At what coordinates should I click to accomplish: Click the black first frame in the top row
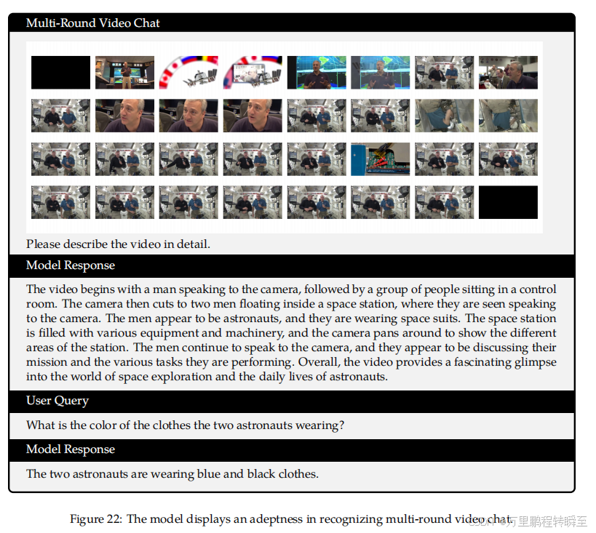(x=61, y=73)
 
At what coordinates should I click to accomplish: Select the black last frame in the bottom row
(x=508, y=202)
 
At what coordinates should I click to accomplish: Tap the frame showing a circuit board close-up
(x=380, y=159)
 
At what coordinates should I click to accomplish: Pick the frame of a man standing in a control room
(x=124, y=73)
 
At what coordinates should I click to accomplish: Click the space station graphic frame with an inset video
(x=253, y=73)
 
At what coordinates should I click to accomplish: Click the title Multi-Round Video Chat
(x=92, y=23)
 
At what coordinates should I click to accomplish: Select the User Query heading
(x=57, y=401)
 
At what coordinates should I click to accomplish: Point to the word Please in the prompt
(x=43, y=244)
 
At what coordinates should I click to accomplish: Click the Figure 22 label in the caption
(x=96, y=519)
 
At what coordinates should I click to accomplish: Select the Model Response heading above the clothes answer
(x=71, y=449)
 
